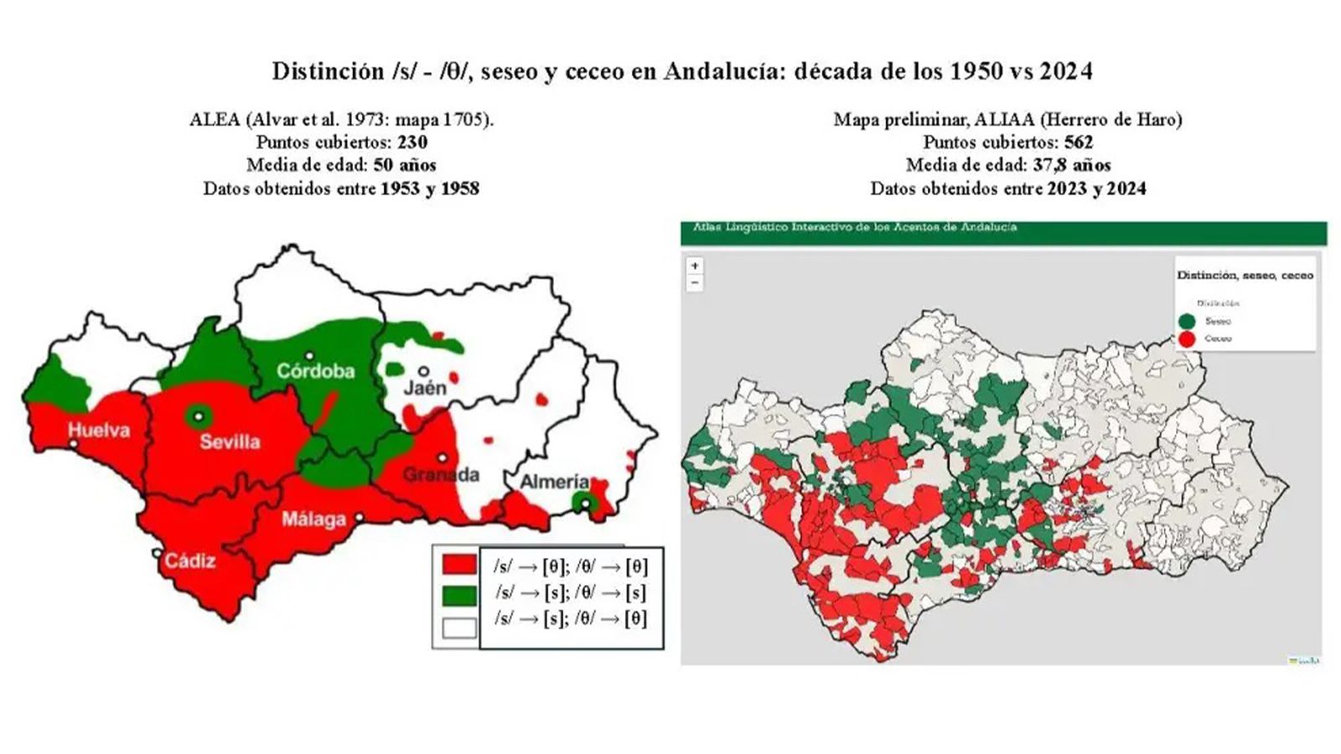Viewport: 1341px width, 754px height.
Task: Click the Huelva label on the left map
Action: coord(99,431)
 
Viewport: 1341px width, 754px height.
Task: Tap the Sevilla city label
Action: coord(230,442)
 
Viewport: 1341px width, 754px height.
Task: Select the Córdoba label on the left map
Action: coord(315,371)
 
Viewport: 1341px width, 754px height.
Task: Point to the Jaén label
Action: coord(425,389)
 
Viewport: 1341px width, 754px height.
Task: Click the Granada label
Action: coord(441,475)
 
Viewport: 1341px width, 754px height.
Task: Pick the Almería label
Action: coord(554,483)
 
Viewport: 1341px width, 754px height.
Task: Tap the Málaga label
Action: coord(313,519)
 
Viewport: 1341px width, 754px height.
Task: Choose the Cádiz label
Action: coord(189,560)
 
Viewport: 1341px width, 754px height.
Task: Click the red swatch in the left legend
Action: coord(459,565)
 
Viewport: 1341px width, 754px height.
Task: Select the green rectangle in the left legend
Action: coord(459,596)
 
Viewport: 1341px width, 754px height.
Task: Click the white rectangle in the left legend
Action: coord(459,627)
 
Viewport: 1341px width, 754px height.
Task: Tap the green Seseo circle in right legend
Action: coord(1186,322)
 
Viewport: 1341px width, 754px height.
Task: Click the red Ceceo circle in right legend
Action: coord(1186,339)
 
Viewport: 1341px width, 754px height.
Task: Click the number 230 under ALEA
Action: coord(412,142)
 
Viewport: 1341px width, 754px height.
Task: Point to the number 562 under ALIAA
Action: coord(1079,142)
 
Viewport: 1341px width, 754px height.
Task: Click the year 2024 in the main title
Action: coord(1066,72)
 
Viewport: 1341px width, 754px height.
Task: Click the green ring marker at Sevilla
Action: coord(199,415)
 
